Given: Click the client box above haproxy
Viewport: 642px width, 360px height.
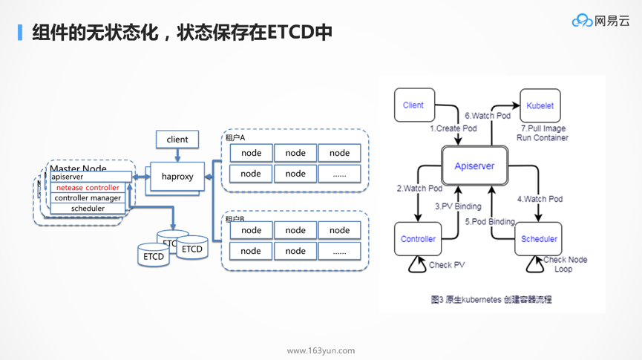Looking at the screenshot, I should click(x=177, y=139).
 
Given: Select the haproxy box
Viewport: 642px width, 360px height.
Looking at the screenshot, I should click(x=177, y=177).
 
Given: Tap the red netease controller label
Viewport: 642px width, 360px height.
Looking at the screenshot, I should click(x=88, y=188).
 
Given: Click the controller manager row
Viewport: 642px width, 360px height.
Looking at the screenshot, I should click(x=88, y=198).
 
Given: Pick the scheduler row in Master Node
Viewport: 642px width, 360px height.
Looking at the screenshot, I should click(x=88, y=209).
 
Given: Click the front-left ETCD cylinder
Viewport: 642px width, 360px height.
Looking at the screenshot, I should click(x=154, y=256).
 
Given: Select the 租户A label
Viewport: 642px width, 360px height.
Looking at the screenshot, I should click(x=235, y=138).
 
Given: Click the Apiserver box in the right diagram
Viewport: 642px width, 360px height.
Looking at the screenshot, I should click(x=474, y=166).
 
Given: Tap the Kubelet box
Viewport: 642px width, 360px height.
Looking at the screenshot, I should click(x=540, y=105).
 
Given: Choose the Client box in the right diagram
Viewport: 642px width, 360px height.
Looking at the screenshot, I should click(x=413, y=105).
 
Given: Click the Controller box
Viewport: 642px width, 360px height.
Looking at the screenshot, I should click(x=418, y=239).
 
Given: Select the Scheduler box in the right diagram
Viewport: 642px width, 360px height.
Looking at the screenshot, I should click(x=539, y=239).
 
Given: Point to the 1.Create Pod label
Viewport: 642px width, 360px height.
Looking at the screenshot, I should click(x=453, y=128).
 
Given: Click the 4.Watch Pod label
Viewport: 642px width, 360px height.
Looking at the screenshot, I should click(x=540, y=199).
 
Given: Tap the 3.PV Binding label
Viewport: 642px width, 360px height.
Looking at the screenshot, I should click(x=458, y=206).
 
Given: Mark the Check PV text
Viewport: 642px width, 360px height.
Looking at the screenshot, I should click(x=447, y=265).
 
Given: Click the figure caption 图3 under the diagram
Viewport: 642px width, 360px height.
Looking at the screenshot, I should click(x=491, y=300).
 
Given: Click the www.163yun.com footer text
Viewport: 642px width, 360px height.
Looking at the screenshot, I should click(x=321, y=350).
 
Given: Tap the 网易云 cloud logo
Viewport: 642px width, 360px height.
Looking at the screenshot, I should click(x=600, y=21).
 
